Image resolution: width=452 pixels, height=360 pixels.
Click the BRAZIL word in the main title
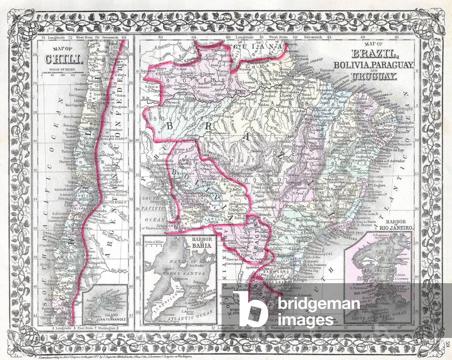[374, 55]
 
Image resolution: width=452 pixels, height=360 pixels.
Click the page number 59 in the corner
[447, 344]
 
